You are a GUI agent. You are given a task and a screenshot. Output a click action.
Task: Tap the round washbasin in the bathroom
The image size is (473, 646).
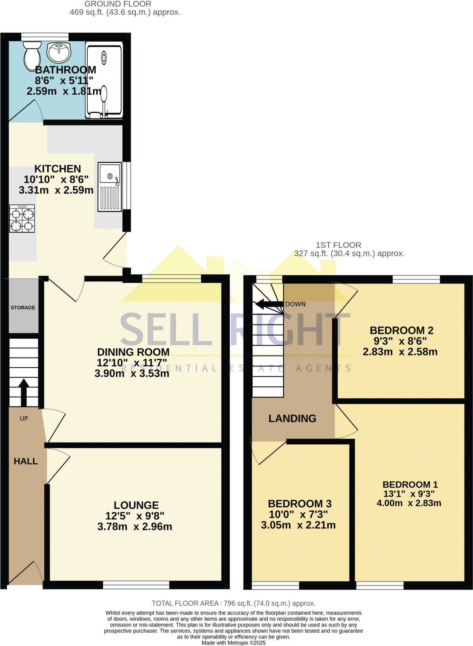[59, 52]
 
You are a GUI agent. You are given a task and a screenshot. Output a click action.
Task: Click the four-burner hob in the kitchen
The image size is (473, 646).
[22, 219]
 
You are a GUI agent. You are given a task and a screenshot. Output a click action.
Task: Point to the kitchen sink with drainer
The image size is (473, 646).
[109, 187]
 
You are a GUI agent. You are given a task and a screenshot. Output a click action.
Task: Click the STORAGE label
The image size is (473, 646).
[23, 308]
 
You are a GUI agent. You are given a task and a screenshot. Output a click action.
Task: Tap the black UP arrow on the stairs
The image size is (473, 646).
[24, 391]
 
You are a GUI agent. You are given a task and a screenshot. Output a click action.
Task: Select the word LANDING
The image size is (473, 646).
[292, 418]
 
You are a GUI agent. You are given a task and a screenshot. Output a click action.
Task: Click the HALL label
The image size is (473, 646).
[26, 461]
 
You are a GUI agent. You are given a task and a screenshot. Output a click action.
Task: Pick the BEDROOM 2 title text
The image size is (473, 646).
[401, 330]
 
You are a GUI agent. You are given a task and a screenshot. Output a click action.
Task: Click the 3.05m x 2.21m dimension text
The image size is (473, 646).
[298, 525]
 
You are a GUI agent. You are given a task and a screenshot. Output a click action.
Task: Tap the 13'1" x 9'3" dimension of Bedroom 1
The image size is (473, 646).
[409, 494]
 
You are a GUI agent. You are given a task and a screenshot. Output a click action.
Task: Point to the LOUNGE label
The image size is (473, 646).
[136, 505]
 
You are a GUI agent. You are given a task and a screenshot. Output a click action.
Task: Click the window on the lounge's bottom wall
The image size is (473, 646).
[136, 585]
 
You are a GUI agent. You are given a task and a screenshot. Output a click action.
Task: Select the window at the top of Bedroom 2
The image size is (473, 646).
[416, 279]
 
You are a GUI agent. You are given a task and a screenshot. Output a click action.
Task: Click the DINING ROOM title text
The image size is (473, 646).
[133, 352]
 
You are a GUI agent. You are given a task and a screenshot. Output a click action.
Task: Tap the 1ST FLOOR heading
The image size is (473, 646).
[338, 245]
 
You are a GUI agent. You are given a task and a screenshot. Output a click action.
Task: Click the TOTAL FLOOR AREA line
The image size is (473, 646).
[234, 603]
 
